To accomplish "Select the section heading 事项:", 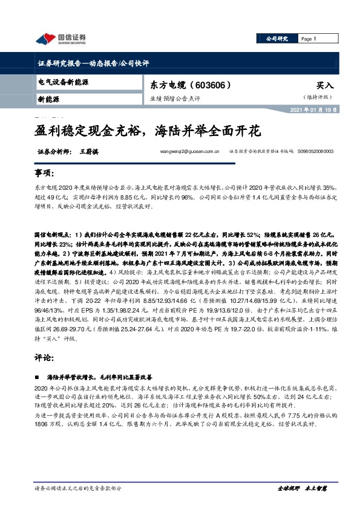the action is point(44,173).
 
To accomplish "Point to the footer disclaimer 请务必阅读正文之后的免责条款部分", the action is point(79,487).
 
